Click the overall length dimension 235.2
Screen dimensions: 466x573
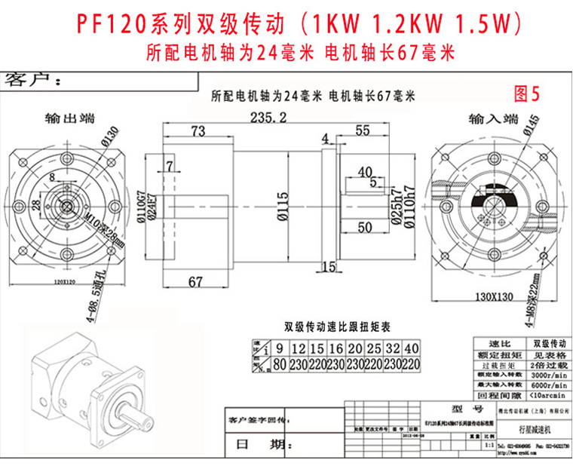pos(268,118)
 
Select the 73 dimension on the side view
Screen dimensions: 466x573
pos(198,131)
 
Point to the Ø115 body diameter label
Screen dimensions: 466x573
pos(280,204)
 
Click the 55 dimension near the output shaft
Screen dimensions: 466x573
pos(362,130)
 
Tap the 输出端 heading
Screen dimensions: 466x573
pos(69,118)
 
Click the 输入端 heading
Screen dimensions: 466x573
pos(493,118)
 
